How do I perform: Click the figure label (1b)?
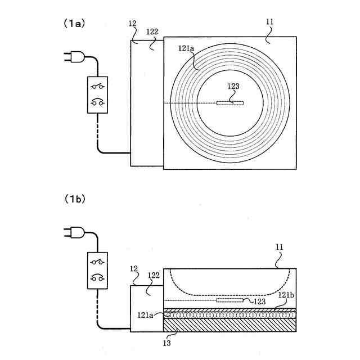[x=73, y=199]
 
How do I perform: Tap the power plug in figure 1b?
[x=75, y=232]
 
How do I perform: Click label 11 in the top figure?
[x=269, y=22]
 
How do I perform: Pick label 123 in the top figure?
[x=233, y=87]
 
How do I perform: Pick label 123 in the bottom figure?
[x=259, y=301]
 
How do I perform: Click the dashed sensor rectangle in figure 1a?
[x=230, y=103]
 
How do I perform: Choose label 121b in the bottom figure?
[x=286, y=295]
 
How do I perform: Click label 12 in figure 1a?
[x=133, y=24]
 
